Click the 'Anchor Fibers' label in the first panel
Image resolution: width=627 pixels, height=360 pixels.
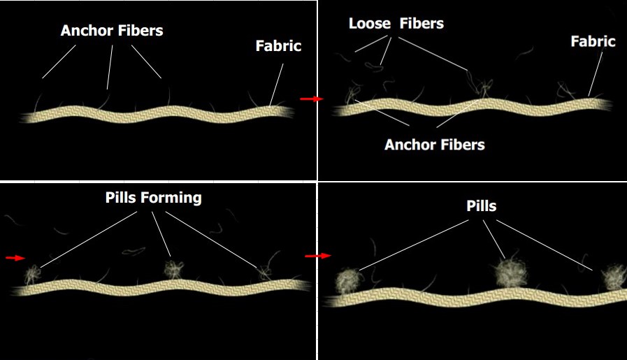[112, 31]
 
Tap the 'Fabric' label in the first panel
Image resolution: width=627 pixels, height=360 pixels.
[278, 46]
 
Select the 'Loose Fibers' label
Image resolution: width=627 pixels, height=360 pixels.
[396, 24]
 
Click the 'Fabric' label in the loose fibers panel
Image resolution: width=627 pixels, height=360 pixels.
[593, 41]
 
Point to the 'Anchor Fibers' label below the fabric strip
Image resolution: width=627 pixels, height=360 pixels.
[435, 145]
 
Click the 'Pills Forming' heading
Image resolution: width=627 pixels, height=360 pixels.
[154, 198]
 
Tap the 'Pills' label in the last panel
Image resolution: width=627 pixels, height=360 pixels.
[482, 206]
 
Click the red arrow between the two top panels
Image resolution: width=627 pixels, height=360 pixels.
[312, 99]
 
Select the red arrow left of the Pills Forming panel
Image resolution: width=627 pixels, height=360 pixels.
[15, 258]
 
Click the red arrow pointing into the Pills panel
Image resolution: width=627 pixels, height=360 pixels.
[318, 256]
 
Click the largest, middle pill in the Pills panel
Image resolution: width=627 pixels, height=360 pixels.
[511, 273]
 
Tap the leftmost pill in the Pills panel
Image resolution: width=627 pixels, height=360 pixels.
[349, 281]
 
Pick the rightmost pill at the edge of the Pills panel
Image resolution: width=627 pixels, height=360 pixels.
[614, 277]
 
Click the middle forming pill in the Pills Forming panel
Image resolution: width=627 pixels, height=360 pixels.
[174, 269]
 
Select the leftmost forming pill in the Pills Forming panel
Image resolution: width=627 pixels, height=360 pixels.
[32, 275]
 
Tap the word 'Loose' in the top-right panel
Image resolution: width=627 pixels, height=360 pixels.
[370, 24]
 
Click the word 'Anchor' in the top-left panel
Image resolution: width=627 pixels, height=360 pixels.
[85, 31]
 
